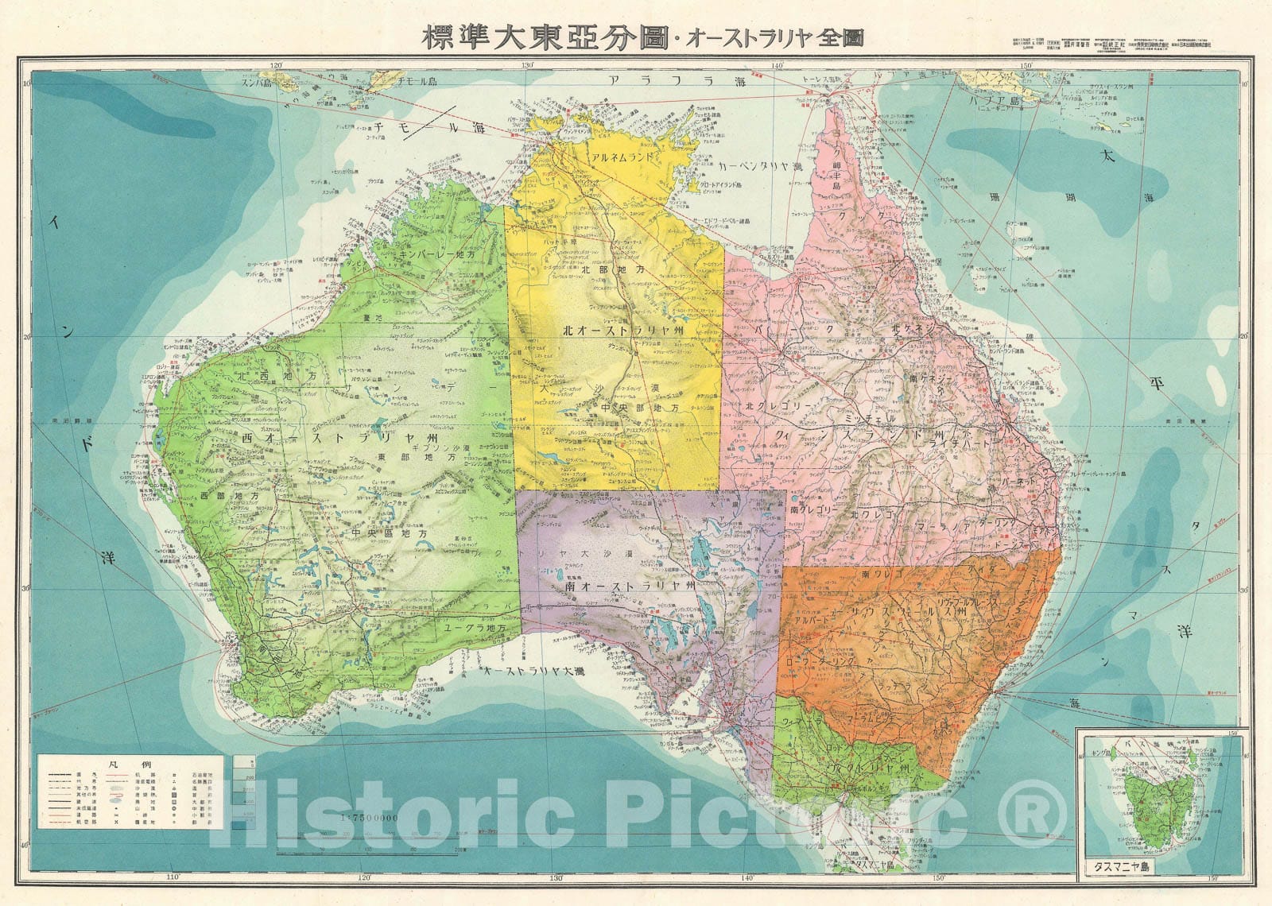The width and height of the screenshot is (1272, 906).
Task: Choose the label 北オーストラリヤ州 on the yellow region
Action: coord(618,329)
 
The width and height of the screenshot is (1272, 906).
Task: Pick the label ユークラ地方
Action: coord(475,627)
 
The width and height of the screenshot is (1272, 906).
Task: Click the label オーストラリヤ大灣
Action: coord(540,672)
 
